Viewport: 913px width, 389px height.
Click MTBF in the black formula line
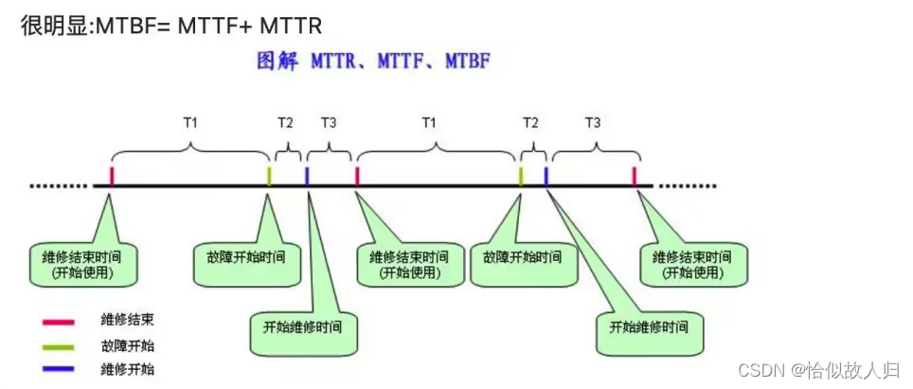115,24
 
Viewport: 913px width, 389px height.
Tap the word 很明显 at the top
48,24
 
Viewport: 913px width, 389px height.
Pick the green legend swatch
58,346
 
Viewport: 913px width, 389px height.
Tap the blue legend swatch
58,369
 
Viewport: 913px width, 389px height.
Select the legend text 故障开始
128,346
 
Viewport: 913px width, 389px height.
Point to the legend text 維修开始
128,369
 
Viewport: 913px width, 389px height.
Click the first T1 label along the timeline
190,122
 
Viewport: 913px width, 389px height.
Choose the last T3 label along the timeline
593,122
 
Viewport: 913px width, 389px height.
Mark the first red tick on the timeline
112,176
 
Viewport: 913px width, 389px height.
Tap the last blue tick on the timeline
546,176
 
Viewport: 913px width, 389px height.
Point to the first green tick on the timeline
269,176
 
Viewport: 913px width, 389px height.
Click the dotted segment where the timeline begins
58,186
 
